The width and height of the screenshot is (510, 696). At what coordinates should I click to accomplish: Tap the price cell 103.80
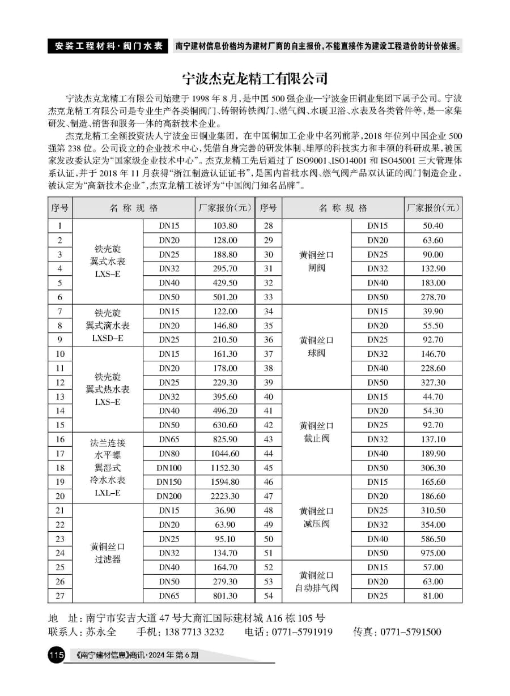(225, 226)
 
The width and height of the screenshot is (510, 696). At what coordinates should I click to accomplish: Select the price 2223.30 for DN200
(225, 496)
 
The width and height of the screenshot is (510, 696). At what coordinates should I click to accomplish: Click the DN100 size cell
(169, 468)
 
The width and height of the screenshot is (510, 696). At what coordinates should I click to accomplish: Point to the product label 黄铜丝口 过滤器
(108, 553)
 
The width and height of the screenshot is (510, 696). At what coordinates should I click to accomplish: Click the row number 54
(269, 596)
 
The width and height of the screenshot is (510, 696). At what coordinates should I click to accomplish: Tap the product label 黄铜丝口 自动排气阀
(317, 582)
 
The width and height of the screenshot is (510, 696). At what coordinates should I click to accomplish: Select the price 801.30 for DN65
(225, 596)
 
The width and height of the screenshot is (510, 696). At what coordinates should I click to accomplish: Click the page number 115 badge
(57, 656)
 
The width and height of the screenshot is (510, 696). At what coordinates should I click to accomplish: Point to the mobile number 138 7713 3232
(190, 632)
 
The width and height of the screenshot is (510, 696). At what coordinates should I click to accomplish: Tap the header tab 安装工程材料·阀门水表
(108, 46)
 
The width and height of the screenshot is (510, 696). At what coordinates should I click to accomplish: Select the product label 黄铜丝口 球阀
(317, 347)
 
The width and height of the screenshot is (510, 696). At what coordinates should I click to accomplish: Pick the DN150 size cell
(169, 482)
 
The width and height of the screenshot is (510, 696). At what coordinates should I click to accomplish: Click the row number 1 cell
(60, 226)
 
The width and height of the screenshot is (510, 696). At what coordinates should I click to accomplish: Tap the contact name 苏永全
(101, 632)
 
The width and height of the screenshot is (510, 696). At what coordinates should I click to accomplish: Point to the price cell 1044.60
(225, 454)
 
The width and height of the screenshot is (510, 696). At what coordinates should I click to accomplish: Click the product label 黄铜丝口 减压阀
(317, 517)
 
